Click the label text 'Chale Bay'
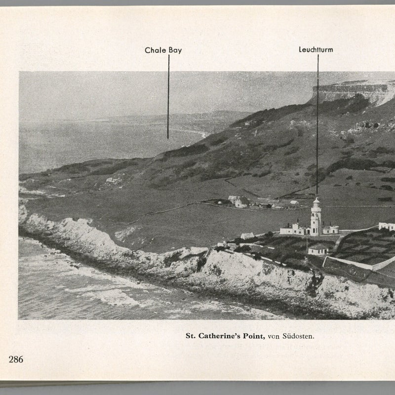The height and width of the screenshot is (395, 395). [x=163, y=50]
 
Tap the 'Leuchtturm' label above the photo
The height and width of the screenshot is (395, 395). [x=316, y=50]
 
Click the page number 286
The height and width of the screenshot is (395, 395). [x=16, y=359]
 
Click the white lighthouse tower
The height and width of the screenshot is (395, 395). [x=316, y=220]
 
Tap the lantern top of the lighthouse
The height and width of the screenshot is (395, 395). [x=316, y=201]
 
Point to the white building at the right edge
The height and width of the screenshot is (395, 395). [x=387, y=226]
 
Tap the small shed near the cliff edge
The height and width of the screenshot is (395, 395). [x=247, y=236]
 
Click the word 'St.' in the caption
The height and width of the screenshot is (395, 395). [x=191, y=336]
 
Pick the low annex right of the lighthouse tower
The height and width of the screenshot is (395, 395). [x=331, y=230]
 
